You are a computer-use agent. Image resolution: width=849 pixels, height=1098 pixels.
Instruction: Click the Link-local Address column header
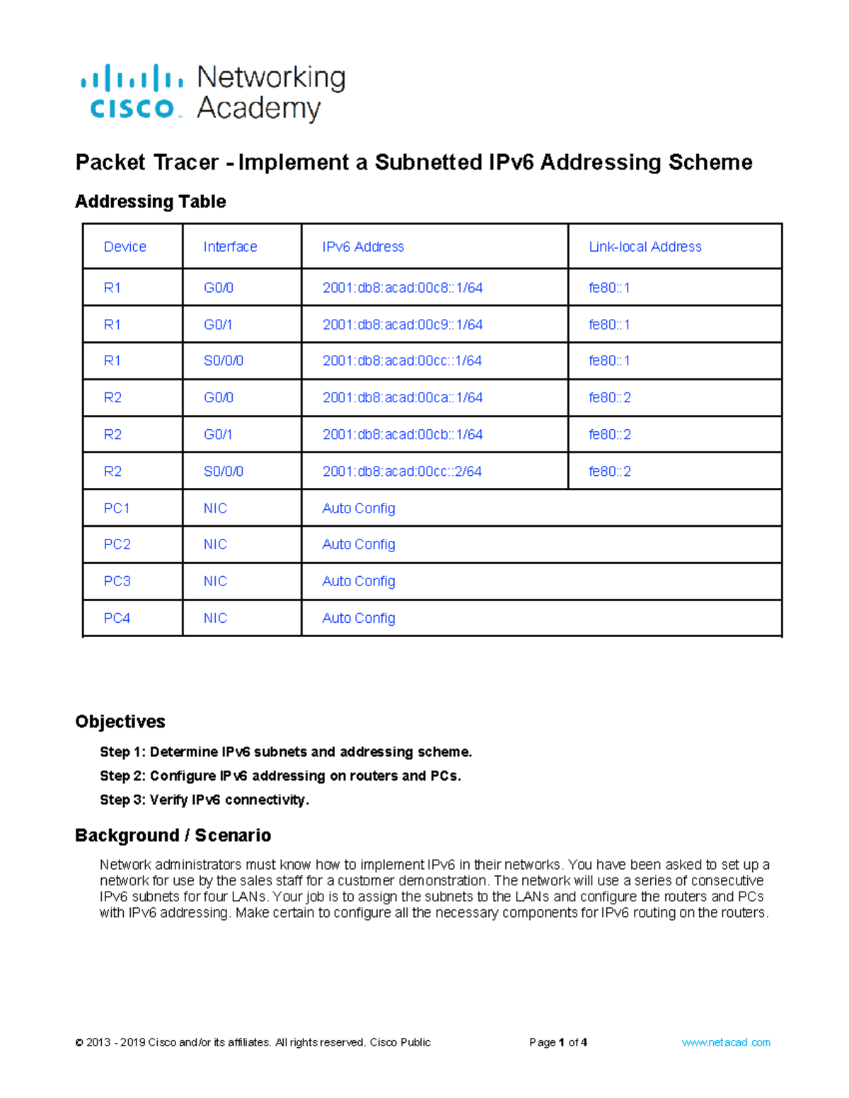point(645,247)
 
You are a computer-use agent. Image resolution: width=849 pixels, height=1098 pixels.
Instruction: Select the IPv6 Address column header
point(363,247)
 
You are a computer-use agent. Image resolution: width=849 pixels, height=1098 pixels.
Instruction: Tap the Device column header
point(125,247)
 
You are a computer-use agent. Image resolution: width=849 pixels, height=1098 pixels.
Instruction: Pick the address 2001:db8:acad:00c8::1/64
point(402,288)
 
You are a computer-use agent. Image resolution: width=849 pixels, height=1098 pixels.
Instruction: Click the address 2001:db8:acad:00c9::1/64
point(402,325)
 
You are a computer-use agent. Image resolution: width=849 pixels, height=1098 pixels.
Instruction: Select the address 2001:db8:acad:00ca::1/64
point(402,397)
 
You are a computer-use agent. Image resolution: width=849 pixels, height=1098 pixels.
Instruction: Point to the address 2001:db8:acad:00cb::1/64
point(402,434)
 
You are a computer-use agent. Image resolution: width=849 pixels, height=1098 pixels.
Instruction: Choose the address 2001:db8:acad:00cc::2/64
point(402,471)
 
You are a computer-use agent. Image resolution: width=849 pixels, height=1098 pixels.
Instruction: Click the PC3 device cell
point(117,581)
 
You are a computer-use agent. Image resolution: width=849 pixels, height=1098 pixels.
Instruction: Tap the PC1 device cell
point(117,508)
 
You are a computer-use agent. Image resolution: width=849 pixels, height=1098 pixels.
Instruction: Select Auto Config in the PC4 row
point(358,618)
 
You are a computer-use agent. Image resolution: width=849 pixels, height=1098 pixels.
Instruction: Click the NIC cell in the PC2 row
point(215,544)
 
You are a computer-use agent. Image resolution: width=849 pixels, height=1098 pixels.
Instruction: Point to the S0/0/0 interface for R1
point(223,361)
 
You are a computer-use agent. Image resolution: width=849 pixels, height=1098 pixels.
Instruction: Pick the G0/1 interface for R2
point(218,434)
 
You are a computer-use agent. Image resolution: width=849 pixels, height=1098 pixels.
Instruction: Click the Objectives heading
point(120,721)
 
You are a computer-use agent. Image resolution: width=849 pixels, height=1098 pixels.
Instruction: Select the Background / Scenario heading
point(173,835)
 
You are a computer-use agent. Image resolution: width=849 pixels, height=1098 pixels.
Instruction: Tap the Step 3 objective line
point(204,800)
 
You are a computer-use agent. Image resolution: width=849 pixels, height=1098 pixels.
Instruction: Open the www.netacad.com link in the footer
point(725,1042)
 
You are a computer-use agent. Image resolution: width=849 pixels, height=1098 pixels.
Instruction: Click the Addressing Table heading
point(150,202)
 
